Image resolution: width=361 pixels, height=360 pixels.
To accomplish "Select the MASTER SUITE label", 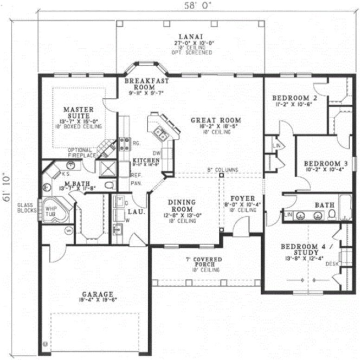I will click(80, 112).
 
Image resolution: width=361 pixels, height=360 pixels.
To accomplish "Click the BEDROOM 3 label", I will click(325, 163).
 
